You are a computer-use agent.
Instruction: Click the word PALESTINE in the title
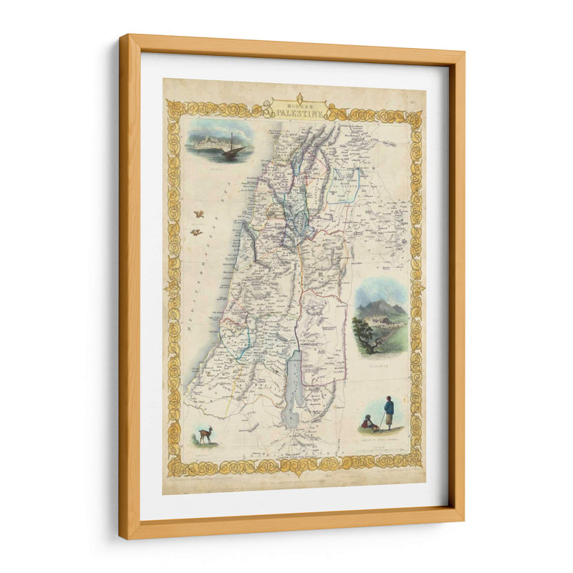click(299, 112)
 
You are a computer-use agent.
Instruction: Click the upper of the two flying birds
click(200, 213)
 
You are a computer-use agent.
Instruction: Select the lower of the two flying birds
click(194, 231)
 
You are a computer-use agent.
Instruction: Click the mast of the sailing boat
click(231, 142)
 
